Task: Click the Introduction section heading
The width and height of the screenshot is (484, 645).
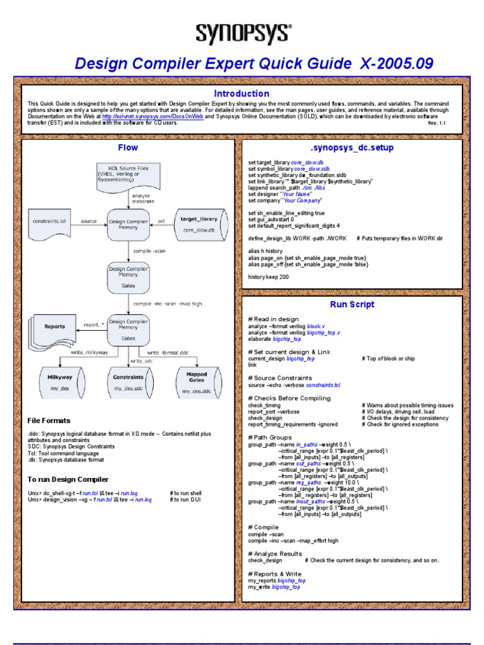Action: [242, 93]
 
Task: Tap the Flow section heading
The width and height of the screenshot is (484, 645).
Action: [128, 148]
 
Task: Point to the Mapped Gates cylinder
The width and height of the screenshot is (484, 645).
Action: [196, 381]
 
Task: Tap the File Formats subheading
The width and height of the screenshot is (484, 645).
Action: [49, 420]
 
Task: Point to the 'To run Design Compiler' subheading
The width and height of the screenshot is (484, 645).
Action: [68, 480]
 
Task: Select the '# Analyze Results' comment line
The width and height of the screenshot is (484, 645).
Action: [275, 554]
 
